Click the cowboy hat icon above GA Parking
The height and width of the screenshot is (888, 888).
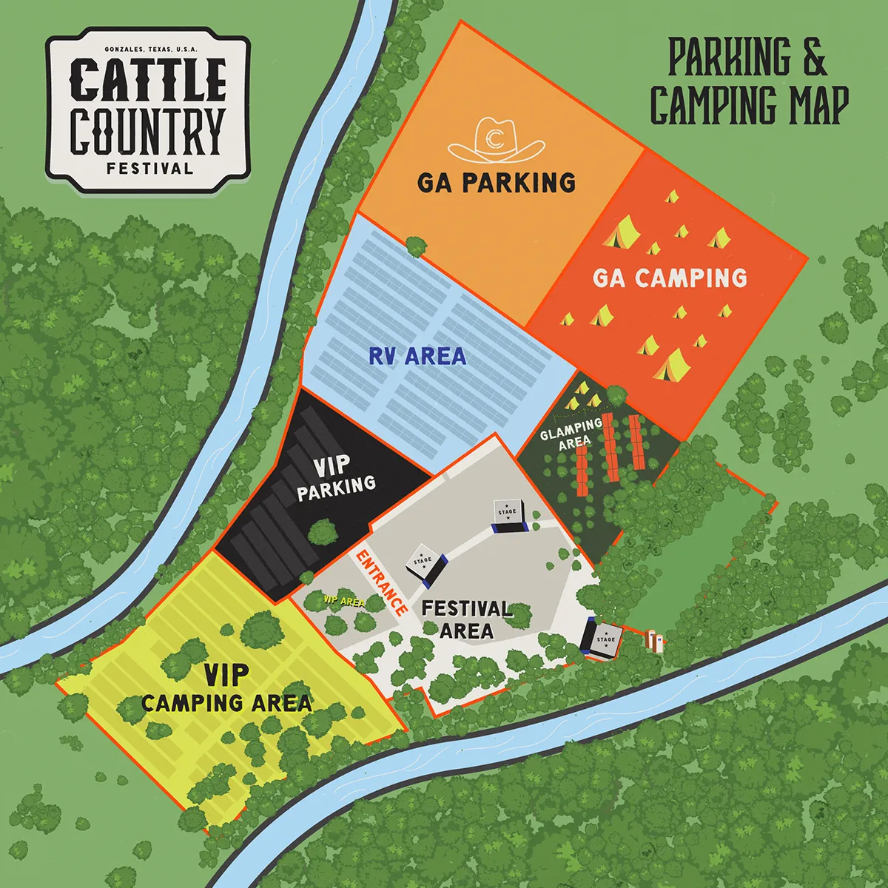[496, 140]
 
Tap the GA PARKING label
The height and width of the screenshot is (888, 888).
[496, 182]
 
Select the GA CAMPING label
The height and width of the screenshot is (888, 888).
[670, 278]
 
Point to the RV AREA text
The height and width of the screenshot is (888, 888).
[417, 356]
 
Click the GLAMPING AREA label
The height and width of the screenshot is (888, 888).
[572, 434]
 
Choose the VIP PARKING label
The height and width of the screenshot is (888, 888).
[335, 479]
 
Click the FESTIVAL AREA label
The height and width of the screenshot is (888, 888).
[467, 619]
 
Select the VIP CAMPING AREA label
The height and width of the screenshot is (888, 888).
[226, 689]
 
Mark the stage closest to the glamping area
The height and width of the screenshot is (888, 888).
[509, 515]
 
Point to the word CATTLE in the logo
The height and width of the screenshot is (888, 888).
[148, 80]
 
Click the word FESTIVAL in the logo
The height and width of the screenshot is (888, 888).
[149, 168]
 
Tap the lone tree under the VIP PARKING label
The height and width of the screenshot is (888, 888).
[322, 531]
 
